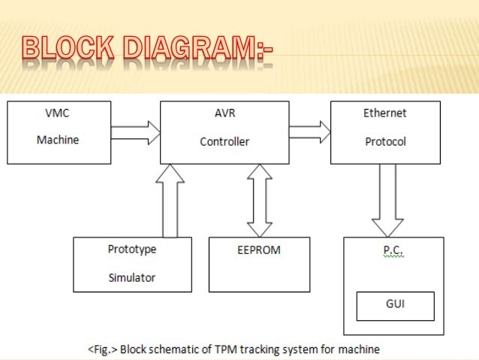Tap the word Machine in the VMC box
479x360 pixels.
click(x=59, y=141)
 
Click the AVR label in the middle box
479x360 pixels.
click(x=224, y=113)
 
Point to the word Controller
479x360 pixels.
click(x=224, y=141)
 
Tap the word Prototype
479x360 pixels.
click(x=131, y=250)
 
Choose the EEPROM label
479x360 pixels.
click(x=258, y=250)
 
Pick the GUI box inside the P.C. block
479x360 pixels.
click(x=394, y=305)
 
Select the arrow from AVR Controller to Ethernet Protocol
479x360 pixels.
click(x=309, y=132)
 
